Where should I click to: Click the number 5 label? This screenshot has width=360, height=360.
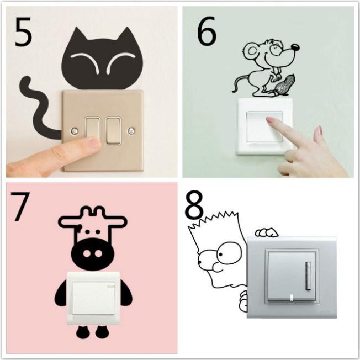(23, 31)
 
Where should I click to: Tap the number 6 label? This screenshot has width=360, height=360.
(207, 30)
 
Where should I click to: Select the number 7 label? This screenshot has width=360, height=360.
(20, 207)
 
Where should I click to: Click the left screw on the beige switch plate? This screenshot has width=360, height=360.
(74, 131)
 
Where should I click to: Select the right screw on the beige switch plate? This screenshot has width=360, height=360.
(131, 131)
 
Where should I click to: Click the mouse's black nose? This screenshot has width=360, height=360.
(295, 47)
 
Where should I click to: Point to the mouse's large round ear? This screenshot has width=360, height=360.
(252, 51)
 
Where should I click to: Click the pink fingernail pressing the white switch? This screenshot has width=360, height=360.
(271, 120)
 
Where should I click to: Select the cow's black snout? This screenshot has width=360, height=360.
(92, 253)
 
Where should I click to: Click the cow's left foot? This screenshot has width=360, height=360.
(82, 332)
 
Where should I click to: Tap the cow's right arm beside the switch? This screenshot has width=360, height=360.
(126, 293)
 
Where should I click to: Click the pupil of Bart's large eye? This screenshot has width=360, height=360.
(220, 254)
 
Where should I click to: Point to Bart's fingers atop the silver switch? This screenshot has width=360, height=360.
(266, 232)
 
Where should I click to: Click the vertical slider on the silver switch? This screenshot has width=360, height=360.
(308, 276)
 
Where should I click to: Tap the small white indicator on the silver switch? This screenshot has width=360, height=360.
(292, 298)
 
